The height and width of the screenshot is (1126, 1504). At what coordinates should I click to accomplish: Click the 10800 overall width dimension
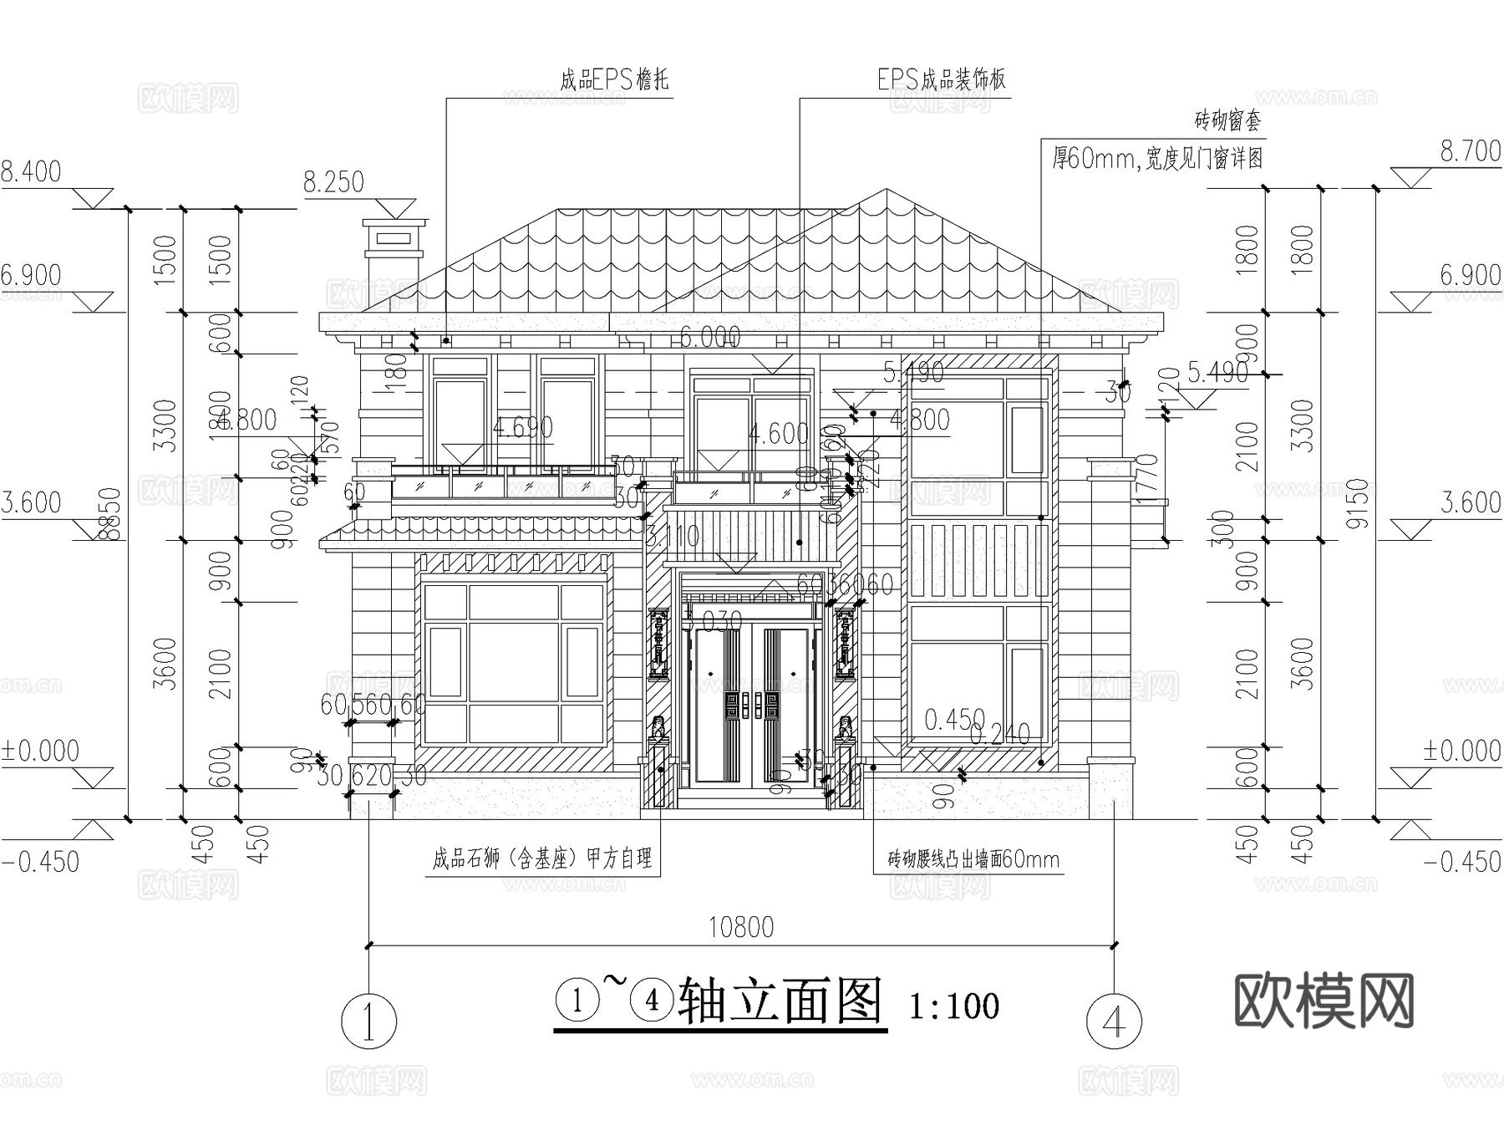[741, 927]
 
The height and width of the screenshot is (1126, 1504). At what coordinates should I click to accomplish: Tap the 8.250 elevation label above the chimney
[333, 182]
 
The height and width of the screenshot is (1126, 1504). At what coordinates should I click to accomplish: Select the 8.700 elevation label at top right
[1471, 151]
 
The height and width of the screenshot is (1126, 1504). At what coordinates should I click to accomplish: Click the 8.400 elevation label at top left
[31, 171]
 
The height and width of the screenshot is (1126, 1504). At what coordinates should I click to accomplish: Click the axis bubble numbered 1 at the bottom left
[368, 1020]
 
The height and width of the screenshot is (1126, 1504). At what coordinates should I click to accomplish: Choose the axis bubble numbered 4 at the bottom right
[1115, 1020]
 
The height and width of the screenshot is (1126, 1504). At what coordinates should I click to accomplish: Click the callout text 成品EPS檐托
[614, 80]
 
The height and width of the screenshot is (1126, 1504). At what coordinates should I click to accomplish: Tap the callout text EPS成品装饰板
[941, 79]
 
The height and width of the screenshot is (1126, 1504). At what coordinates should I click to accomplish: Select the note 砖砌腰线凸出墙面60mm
[973, 859]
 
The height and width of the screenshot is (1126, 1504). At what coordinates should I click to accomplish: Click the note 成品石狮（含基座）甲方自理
[541, 859]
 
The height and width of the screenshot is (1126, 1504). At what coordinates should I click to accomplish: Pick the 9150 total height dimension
[1359, 503]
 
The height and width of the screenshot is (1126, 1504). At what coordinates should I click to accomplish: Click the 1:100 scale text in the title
[953, 1006]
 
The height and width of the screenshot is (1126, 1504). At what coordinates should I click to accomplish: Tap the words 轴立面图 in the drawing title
[780, 1001]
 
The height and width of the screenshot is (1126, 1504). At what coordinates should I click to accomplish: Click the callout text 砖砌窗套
[1227, 121]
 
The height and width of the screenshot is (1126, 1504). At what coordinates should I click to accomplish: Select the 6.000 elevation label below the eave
[710, 337]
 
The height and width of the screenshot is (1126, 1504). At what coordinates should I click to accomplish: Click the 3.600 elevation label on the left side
[32, 502]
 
